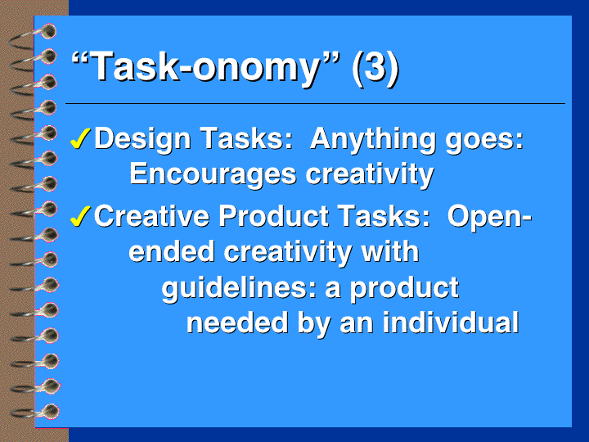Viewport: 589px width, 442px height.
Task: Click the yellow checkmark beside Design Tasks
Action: tap(80, 138)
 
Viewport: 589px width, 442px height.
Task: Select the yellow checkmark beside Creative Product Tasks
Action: tap(80, 216)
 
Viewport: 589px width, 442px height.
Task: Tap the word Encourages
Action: tap(213, 175)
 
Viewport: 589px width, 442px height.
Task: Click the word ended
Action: tap(172, 251)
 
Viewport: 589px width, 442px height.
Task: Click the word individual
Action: tap(451, 322)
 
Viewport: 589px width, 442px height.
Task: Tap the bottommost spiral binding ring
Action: tap(36, 412)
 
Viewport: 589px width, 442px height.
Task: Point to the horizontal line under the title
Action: tap(315, 103)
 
